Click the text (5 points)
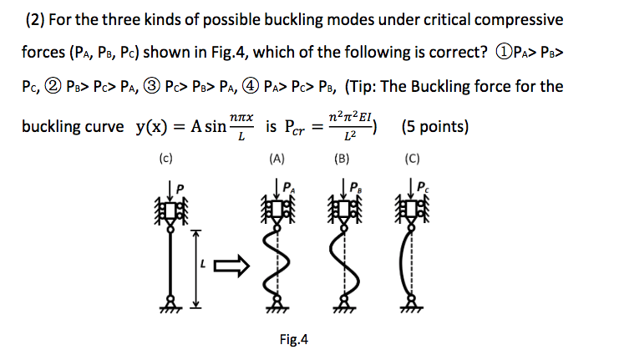tap(434, 128)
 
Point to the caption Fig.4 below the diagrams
tap(295, 339)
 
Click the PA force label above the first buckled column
tap(287, 186)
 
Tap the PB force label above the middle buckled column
tap(353, 186)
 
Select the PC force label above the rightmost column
tap(423, 186)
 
